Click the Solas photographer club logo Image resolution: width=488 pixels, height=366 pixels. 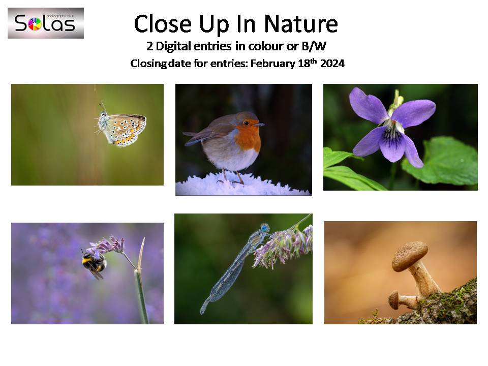tap(46, 23)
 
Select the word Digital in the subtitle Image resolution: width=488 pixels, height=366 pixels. tap(173, 46)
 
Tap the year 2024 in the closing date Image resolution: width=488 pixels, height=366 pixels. tap(332, 64)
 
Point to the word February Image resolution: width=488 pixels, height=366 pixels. tap(273, 64)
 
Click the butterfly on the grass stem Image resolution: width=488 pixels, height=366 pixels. tap(121, 128)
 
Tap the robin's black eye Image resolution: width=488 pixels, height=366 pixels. tap(246, 123)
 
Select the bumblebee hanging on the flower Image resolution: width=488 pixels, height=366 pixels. tap(94, 263)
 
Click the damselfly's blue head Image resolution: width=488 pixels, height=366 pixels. tap(265, 228)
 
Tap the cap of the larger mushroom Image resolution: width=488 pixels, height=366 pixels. tap(409, 256)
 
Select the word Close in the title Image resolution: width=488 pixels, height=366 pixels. tap(163, 24)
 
